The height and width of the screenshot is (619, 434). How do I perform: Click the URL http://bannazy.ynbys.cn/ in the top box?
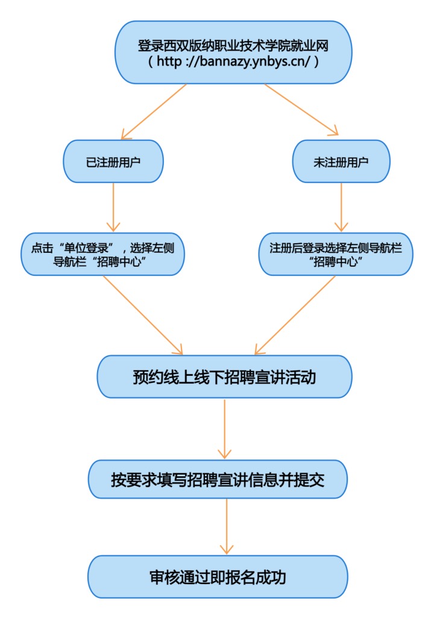click(234, 61)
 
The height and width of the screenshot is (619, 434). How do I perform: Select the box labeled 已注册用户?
click(113, 161)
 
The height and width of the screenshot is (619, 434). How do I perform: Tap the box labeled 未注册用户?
click(341, 161)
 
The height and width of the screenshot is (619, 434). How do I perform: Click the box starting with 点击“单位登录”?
click(102, 254)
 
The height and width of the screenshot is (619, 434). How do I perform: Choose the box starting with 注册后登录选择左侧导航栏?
click(336, 254)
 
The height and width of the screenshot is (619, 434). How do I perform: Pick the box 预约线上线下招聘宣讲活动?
click(224, 376)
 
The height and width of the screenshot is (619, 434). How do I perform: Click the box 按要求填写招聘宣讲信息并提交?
click(218, 479)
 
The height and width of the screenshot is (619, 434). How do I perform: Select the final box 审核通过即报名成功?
click(218, 577)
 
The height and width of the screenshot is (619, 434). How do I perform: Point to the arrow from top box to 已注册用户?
click(154, 111)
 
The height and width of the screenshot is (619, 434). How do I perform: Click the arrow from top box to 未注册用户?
click(301, 110)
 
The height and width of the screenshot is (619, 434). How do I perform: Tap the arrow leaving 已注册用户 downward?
click(113, 207)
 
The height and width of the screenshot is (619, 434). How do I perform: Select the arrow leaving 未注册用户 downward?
click(341, 207)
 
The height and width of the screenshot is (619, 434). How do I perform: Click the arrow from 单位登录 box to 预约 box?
click(143, 315)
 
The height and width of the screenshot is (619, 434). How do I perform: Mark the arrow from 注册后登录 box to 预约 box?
click(295, 315)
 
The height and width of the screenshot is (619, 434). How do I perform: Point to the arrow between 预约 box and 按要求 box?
click(224, 429)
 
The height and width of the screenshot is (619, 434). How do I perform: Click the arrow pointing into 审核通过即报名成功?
click(227, 527)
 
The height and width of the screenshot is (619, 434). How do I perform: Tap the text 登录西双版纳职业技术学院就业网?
click(233, 46)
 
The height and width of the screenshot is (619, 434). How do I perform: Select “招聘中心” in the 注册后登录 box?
click(336, 261)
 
